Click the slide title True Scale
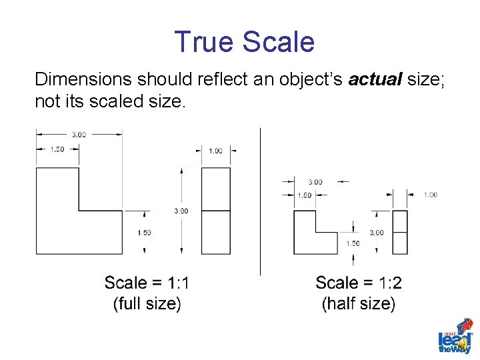pos(243,42)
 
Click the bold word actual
pos(375,80)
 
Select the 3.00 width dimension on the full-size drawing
pos(79,135)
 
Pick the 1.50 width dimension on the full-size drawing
pos(57,149)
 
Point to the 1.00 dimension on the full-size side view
pos(215,151)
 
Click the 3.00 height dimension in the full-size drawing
pos(181,211)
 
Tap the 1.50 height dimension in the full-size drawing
pos(144,233)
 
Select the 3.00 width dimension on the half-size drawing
pos(315,181)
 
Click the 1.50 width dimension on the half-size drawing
pos(304,195)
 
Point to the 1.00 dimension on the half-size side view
pos(430,195)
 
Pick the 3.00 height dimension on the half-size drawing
pos(377,233)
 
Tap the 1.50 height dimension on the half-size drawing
pos(353,243)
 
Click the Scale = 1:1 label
pos(147,283)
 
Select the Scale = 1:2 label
pos(359,283)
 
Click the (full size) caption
pos(147,304)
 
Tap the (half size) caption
pos(359,304)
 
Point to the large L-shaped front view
pos(67,220)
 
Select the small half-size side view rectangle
pos(399,232)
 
